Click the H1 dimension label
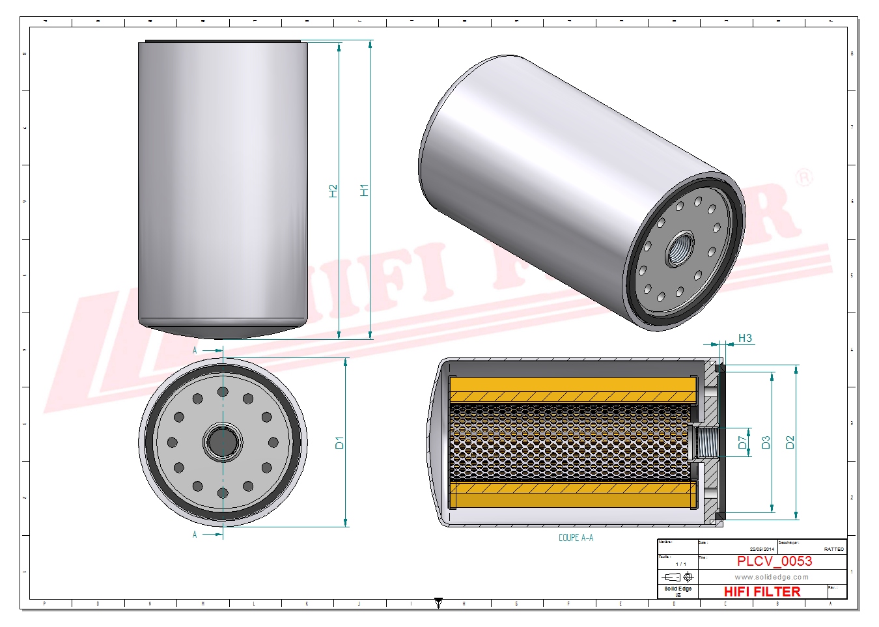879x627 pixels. [364, 189]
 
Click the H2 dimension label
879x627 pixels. [333, 191]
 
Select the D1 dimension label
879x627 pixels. [339, 443]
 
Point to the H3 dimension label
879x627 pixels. [745, 338]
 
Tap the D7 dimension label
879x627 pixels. [743, 443]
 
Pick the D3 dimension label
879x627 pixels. [766, 443]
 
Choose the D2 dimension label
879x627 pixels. [790, 443]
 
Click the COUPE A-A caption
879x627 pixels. [576, 538]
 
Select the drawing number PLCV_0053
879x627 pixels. [774, 561]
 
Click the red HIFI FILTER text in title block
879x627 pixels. [762, 591]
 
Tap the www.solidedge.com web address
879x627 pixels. [772, 577]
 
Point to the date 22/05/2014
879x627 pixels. [762, 550]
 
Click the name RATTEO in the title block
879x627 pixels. [833, 550]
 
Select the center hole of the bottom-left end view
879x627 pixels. [223, 443]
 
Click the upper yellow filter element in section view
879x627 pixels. [573, 389]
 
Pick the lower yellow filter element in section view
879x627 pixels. [573, 495]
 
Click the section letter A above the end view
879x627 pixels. [195, 350]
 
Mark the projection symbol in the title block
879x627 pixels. [677, 577]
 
